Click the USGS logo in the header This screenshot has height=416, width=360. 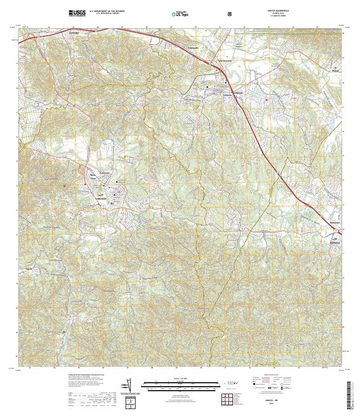coord(77,13)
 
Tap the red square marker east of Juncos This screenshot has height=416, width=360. coord(266,100)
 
